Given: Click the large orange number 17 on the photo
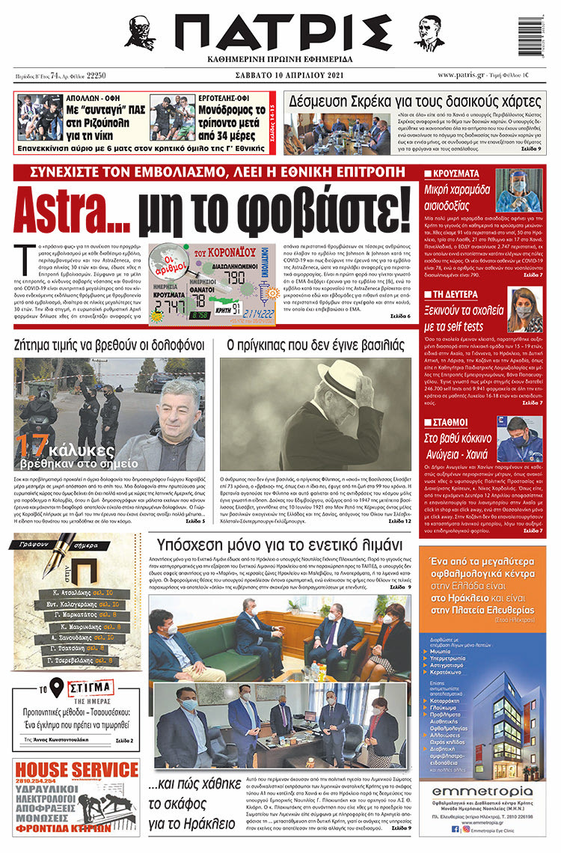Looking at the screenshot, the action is [34, 447].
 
